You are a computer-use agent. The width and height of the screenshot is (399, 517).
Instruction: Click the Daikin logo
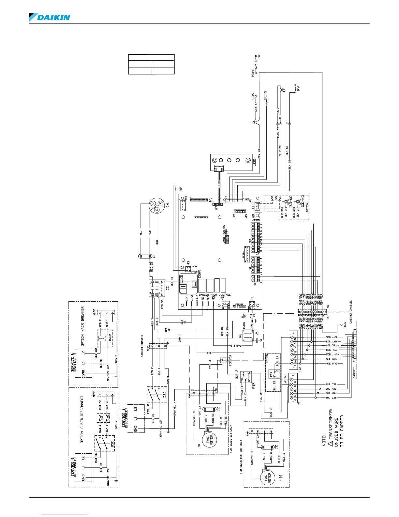pyautogui.click(x=50, y=17)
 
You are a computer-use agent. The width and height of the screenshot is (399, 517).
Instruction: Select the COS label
pyautogui.click(x=252, y=97)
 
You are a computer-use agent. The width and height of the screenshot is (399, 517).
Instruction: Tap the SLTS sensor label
pyautogui.click(x=265, y=97)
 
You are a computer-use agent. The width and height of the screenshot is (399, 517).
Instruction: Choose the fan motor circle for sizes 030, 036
pyautogui.click(x=267, y=478)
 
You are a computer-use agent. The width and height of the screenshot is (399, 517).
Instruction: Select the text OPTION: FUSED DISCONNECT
pyautogui.click(x=82, y=419)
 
